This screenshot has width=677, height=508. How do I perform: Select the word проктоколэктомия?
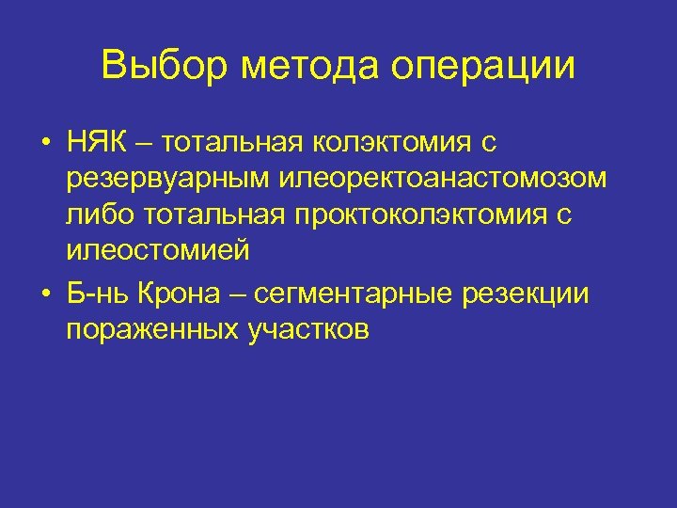[409, 215]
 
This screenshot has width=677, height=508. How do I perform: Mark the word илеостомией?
[158, 251]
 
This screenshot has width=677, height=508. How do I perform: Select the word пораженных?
[153, 330]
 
